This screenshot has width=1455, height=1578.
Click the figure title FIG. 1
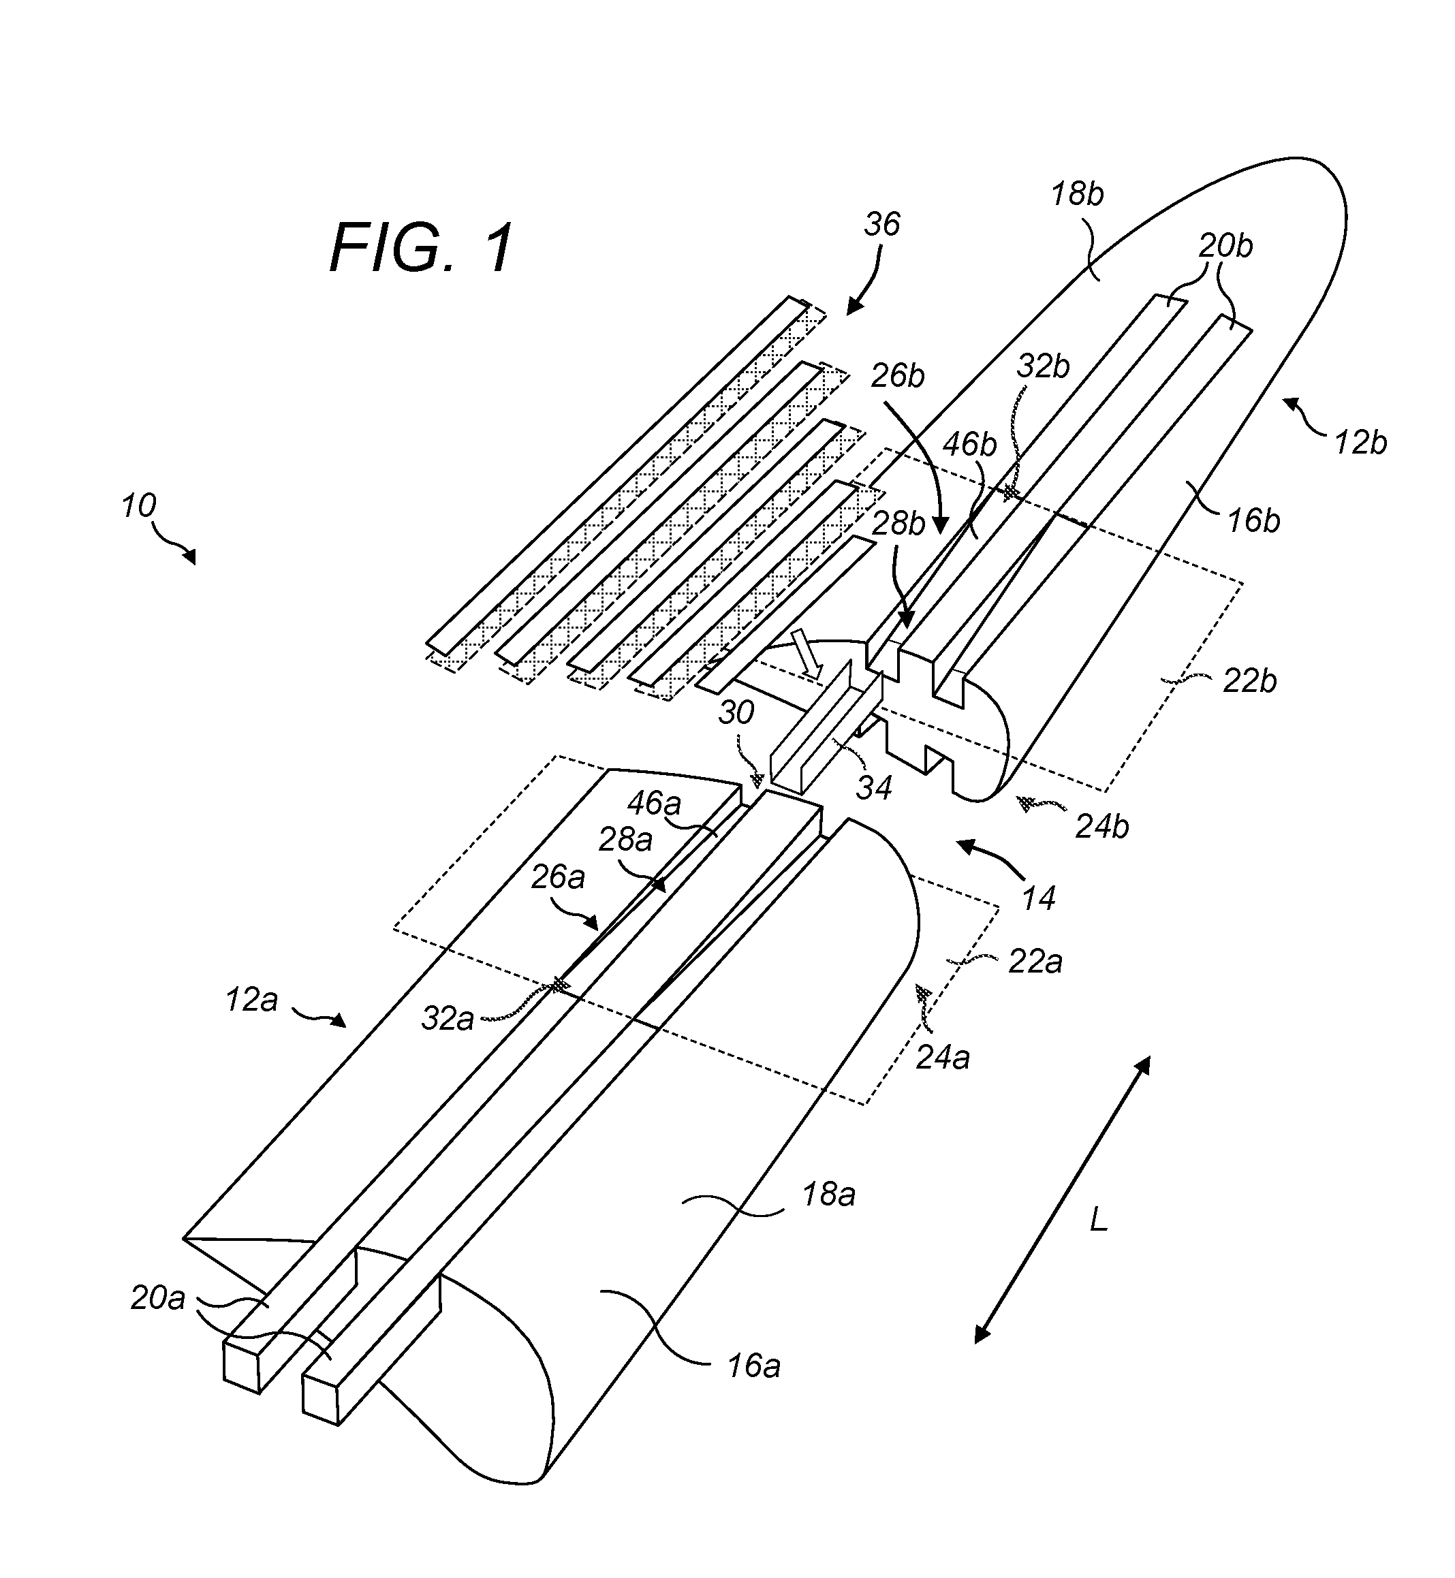[422, 247]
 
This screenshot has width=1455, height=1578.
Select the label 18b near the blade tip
[1078, 193]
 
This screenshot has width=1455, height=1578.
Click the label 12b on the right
[1360, 444]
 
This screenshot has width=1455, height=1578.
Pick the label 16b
[1254, 520]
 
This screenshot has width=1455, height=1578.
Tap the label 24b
[1102, 827]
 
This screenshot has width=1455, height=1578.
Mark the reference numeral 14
[1039, 897]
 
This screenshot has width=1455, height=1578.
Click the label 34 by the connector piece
[874, 787]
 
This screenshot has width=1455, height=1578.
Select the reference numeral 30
[736, 712]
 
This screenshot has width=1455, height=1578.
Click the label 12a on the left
[251, 1000]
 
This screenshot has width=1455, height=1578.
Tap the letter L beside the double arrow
[1098, 1220]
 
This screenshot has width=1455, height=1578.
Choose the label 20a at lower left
[158, 1298]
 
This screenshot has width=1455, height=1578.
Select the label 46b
[970, 445]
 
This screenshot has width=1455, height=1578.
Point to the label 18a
[829, 1195]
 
